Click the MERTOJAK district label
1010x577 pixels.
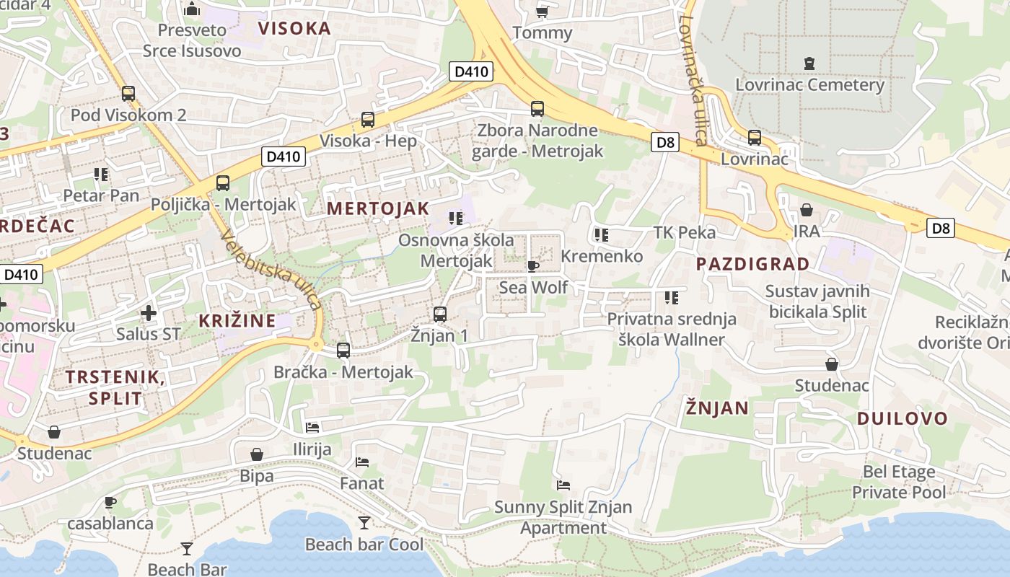pyautogui.click(x=378, y=208)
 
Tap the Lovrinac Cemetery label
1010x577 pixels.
pyautogui.click(x=809, y=84)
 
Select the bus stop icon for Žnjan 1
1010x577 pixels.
pyautogui.click(x=440, y=314)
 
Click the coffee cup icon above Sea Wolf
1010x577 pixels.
pyautogui.click(x=533, y=266)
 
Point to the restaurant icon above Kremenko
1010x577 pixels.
pyautogui.click(x=601, y=234)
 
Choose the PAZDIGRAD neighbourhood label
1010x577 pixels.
pyautogui.click(x=752, y=263)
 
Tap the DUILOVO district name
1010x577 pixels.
pyautogui.click(x=902, y=418)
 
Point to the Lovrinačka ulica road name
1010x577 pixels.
pyautogui.click(x=691, y=79)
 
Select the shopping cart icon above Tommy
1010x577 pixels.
pyautogui.click(x=542, y=12)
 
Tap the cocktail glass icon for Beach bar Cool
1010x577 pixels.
pyautogui.click(x=364, y=522)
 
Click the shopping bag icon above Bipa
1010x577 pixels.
pyautogui.click(x=256, y=454)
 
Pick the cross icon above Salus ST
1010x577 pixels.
pyautogui.click(x=149, y=313)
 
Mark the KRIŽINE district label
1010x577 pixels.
pyautogui.click(x=237, y=320)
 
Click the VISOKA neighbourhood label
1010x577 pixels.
pyautogui.click(x=294, y=28)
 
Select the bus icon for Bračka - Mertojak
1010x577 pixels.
pyautogui.click(x=343, y=351)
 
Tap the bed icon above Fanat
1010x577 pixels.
pyautogui.click(x=362, y=462)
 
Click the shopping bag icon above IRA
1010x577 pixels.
pyautogui.click(x=806, y=210)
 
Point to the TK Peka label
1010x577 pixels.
pyautogui.click(x=684, y=232)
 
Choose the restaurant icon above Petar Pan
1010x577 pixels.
pyautogui.click(x=100, y=174)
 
